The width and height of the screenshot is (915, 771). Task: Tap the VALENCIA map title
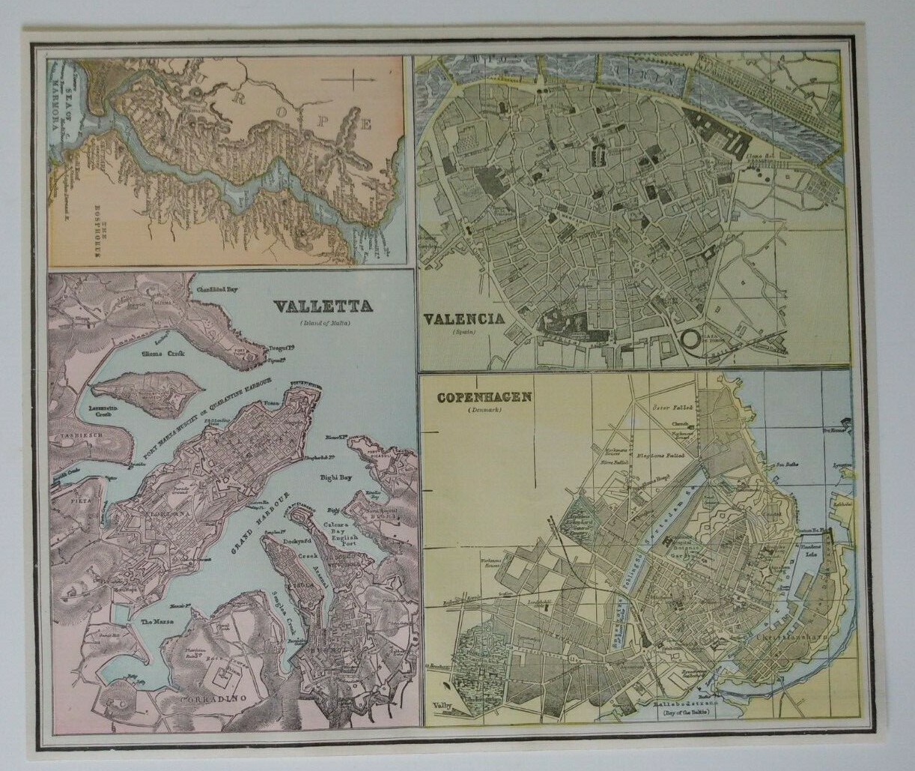tap(463, 318)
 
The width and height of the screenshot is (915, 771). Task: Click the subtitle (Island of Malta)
tap(326, 322)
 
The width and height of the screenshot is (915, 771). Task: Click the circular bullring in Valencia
tap(690, 339)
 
